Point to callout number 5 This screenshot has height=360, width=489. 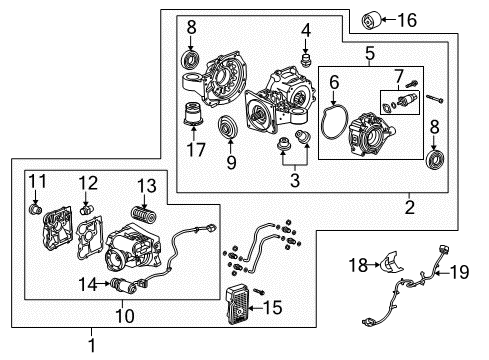point(369,54)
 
